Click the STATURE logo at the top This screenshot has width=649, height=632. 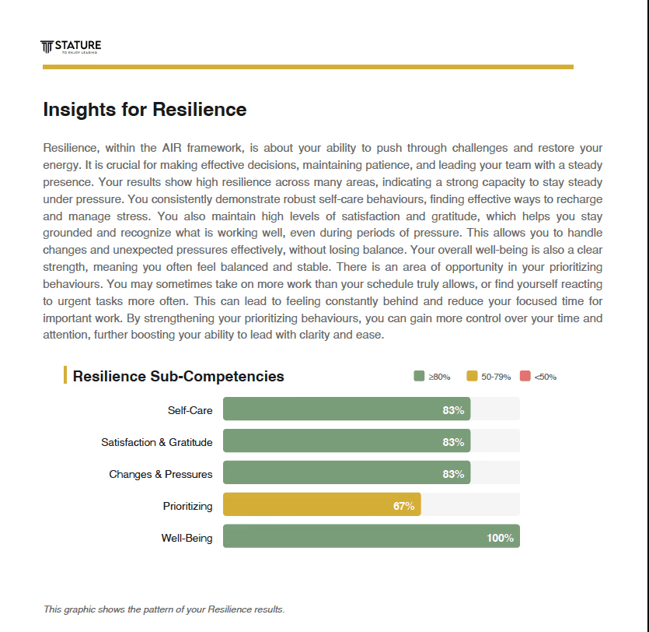click(71, 47)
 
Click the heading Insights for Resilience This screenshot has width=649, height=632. click(145, 110)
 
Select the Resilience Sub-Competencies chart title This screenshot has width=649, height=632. click(178, 377)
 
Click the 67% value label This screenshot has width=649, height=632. click(403, 506)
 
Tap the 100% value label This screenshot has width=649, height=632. click(500, 538)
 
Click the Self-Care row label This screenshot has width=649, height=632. click(190, 410)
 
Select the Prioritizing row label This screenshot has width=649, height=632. click(187, 506)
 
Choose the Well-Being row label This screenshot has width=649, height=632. click(187, 538)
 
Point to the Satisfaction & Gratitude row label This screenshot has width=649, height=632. click(156, 442)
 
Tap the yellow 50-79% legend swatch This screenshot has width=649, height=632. click(472, 377)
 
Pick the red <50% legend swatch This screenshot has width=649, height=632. click(525, 377)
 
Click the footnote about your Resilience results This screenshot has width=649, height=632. click(164, 609)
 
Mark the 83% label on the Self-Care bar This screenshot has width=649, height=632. click(453, 410)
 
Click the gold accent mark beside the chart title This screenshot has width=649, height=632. click(65, 375)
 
